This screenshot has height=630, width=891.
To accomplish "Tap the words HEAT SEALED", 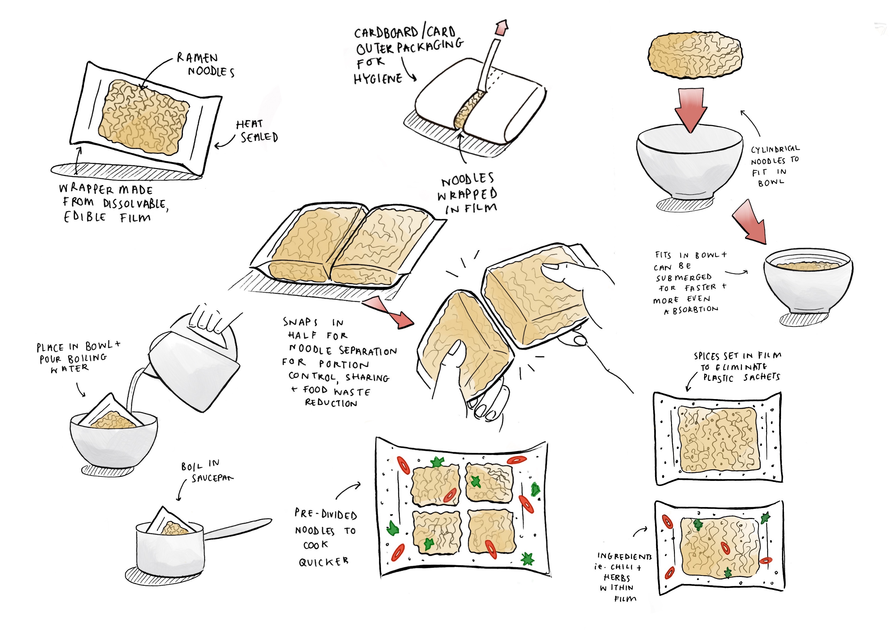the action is pyautogui.click(x=257, y=131).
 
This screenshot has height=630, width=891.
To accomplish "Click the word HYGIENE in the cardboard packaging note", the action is pyautogui.click(x=378, y=79).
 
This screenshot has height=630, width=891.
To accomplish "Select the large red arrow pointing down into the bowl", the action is pyautogui.click(x=691, y=110).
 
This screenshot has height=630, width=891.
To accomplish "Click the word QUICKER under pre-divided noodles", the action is pyautogui.click(x=323, y=562).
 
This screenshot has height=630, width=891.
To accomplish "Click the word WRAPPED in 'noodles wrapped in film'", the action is pyautogui.click(x=467, y=194).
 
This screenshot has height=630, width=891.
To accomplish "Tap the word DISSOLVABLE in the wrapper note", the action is pyautogui.click(x=135, y=204).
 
